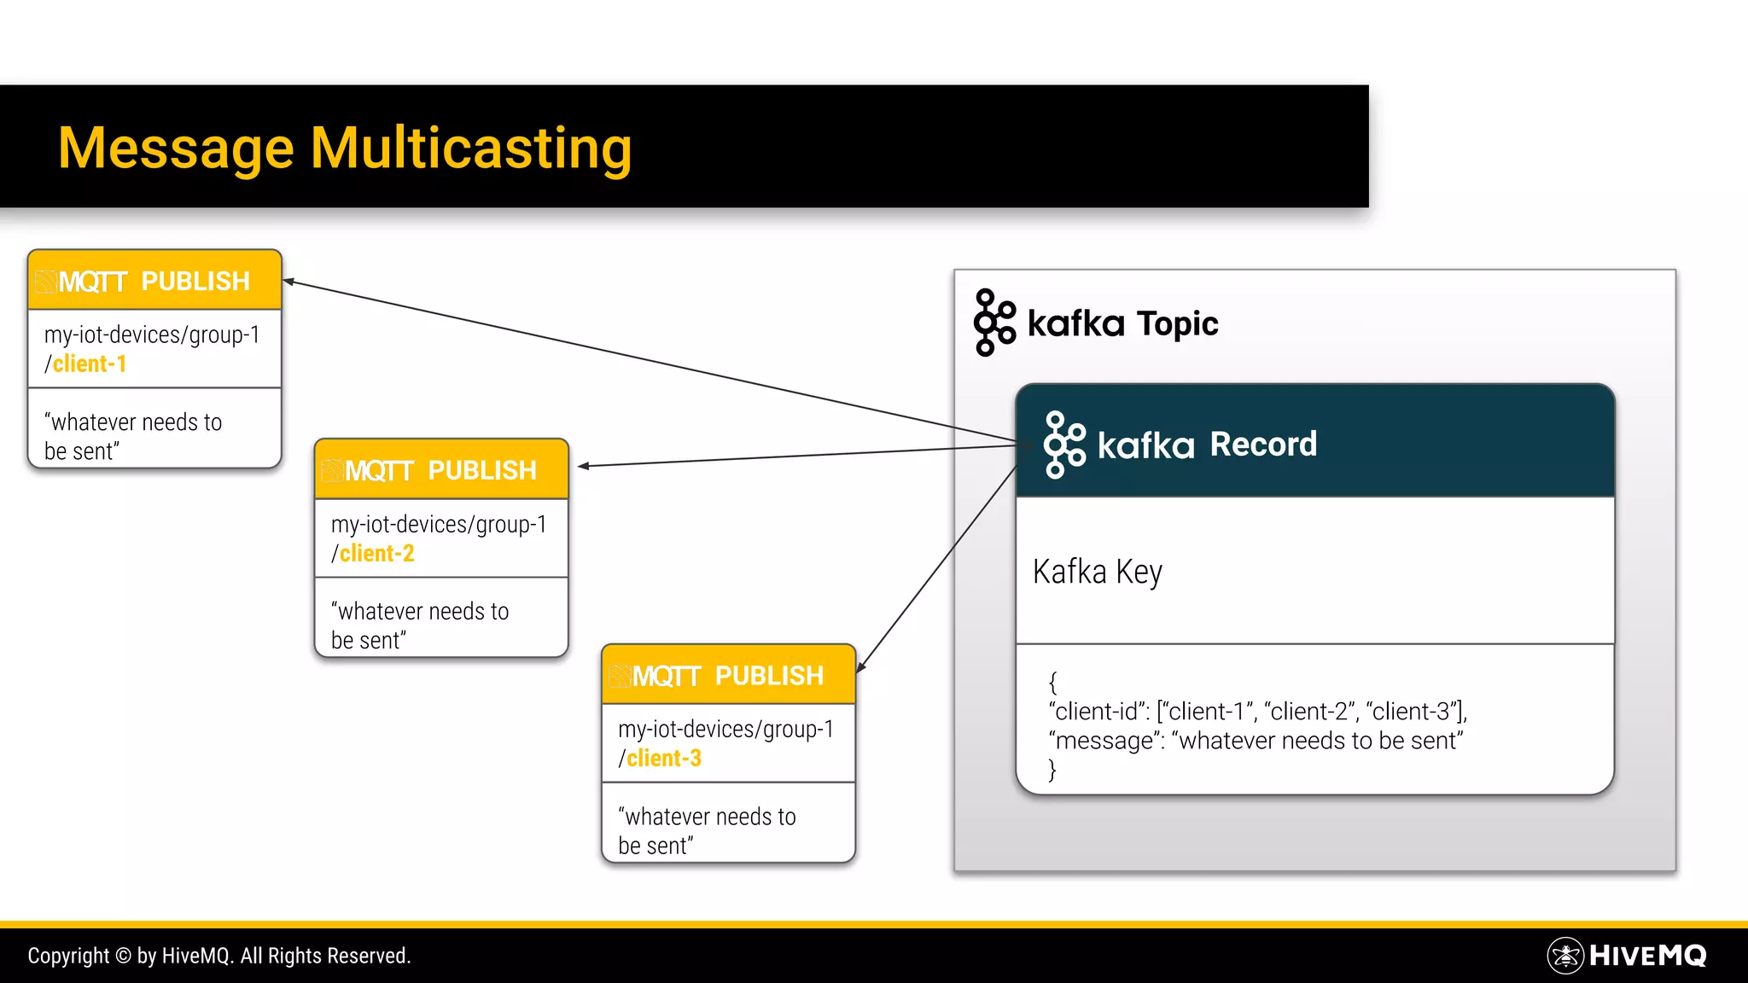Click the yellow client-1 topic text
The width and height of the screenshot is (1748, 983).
(90, 364)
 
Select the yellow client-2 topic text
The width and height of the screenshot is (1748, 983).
(376, 554)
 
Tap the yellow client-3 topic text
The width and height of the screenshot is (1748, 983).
(664, 759)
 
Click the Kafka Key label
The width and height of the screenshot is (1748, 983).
(1097, 572)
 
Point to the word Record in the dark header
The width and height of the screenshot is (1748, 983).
(1263, 445)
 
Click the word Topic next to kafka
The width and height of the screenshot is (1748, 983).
(1178, 324)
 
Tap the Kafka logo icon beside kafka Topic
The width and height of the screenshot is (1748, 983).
(994, 323)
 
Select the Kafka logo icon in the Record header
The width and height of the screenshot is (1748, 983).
(1064, 445)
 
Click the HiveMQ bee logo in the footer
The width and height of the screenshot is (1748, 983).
(1565, 956)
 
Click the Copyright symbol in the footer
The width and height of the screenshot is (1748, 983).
(123, 957)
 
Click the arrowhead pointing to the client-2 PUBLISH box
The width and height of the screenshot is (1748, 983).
(584, 466)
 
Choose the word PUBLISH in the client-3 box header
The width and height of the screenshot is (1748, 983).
(769, 676)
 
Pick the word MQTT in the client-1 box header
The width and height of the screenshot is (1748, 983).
(92, 282)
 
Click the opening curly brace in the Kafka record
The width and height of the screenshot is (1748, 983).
(1053, 683)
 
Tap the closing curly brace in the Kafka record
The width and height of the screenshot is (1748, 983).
(1053, 771)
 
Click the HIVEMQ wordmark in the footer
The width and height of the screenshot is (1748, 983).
(1647, 956)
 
